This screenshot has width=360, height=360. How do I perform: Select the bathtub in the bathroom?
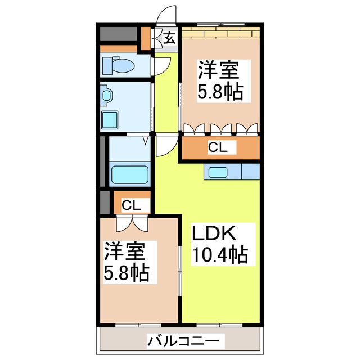pos(129,174)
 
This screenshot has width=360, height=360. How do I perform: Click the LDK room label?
pos(217,233)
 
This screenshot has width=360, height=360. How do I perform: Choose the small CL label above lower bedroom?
pos(132,205)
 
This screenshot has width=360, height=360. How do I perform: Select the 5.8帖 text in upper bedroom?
pos(220,92)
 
